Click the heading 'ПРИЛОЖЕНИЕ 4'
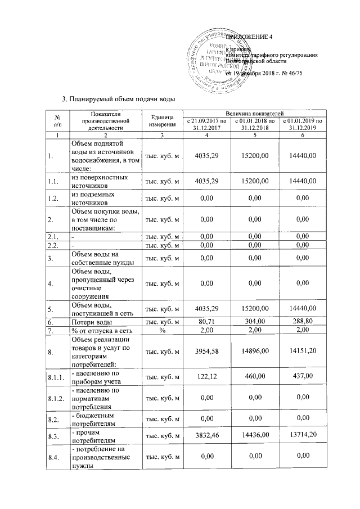pyautogui.click(x=249, y=37)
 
